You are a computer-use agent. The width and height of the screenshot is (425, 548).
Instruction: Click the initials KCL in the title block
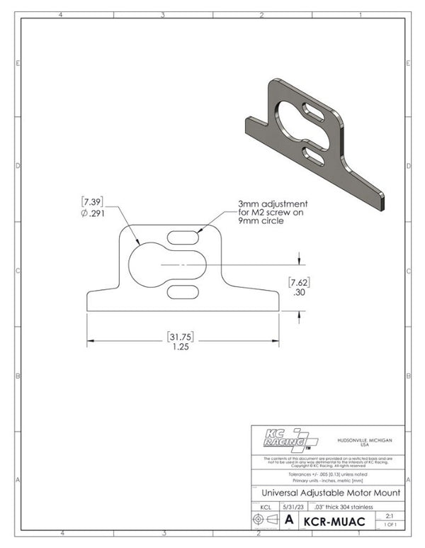click(265, 507)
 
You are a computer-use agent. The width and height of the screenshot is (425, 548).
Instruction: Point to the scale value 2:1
click(388, 516)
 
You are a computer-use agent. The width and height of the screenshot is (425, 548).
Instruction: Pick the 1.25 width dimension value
click(181, 347)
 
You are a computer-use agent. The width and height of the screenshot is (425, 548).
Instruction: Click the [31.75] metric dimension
click(181, 335)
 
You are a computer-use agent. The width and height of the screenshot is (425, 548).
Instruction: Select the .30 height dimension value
click(301, 291)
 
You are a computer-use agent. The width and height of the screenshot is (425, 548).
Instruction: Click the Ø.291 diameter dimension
click(96, 211)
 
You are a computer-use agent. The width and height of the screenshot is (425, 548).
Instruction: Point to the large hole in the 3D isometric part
click(291, 118)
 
